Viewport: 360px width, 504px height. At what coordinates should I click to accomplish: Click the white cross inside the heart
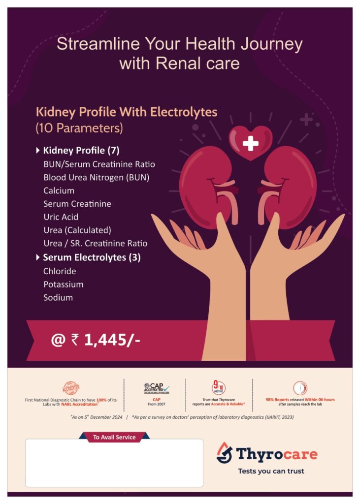pyautogui.click(x=251, y=143)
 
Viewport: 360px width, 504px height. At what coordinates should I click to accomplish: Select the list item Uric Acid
pyautogui.click(x=61, y=217)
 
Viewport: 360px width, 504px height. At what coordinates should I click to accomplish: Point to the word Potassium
pyautogui.click(x=64, y=284)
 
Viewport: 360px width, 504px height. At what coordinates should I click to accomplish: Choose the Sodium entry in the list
pyautogui.click(x=58, y=298)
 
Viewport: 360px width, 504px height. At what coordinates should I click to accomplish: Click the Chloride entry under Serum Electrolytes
pyautogui.click(x=60, y=271)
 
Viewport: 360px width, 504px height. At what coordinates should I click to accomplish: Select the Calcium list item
pyautogui.click(x=59, y=190)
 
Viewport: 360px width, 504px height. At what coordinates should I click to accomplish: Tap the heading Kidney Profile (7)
pyautogui.click(x=81, y=151)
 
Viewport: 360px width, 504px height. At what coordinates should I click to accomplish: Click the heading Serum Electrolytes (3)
pyautogui.click(x=92, y=257)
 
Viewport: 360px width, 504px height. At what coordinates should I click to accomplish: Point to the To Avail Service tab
pyautogui.click(x=114, y=437)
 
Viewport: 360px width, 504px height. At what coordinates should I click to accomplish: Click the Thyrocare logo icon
pyautogui.click(x=224, y=453)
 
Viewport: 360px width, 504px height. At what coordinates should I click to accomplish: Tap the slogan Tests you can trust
pyautogui.click(x=271, y=471)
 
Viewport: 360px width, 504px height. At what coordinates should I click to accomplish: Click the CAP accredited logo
pyautogui.click(x=156, y=389)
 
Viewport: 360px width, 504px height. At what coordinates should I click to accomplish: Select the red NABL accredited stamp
pyautogui.click(x=71, y=388)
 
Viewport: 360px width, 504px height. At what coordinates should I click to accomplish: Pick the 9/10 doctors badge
pyautogui.click(x=219, y=388)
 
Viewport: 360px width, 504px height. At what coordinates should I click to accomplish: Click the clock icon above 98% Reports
pyautogui.click(x=300, y=388)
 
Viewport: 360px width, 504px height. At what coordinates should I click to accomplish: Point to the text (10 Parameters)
pyautogui.click(x=79, y=128)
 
